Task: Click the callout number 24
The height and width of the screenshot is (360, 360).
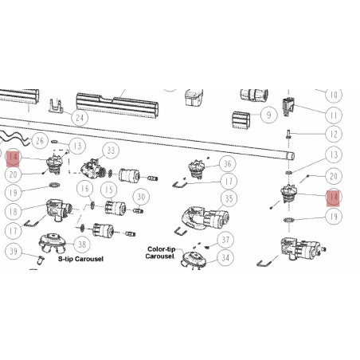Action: [x=80, y=118]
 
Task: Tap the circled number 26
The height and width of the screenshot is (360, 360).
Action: [x=40, y=141]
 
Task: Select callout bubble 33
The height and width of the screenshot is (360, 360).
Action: [x=111, y=151]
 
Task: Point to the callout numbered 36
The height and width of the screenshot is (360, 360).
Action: [x=228, y=164]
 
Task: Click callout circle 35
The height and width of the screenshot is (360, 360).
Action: [x=229, y=198]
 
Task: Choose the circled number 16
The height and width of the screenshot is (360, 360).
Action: [x=84, y=189]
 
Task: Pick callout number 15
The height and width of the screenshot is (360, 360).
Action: [x=109, y=190]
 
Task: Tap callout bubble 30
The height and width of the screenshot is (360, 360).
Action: [x=141, y=197]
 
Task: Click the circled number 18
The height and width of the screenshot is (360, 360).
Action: [x=13, y=212]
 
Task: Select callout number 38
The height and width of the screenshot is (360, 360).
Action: [x=82, y=244]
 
